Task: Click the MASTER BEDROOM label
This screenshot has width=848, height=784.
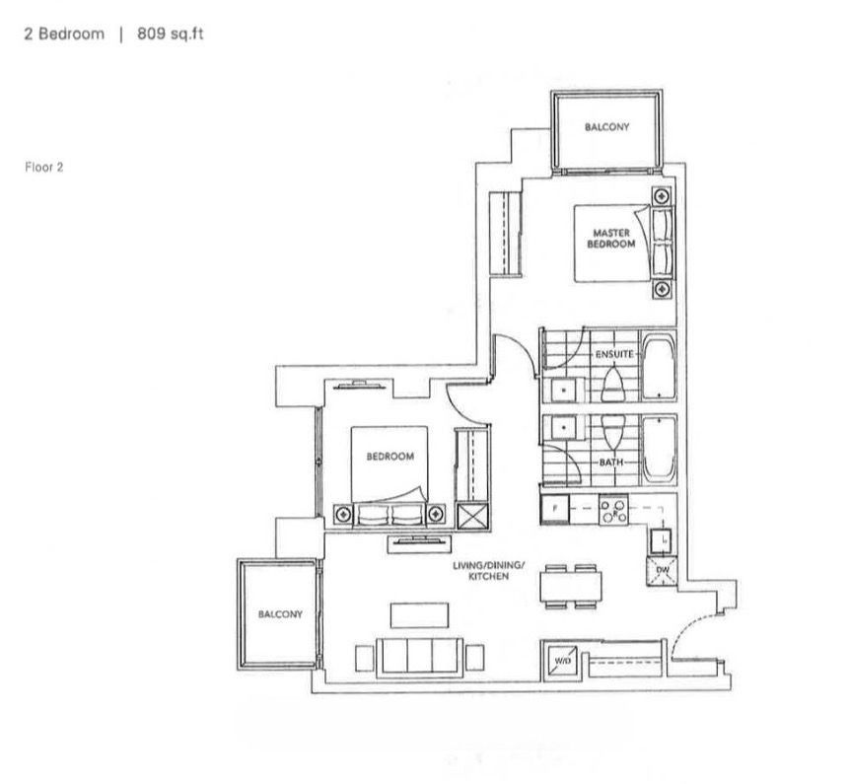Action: pyautogui.click(x=611, y=238)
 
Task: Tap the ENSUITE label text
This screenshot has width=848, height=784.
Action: pyautogui.click(x=614, y=354)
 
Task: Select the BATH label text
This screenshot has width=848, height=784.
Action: pyautogui.click(x=611, y=463)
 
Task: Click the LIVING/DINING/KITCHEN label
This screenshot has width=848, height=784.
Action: pyautogui.click(x=488, y=571)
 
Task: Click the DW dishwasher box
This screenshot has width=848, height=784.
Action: pyautogui.click(x=662, y=571)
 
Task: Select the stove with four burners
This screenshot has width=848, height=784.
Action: pyautogui.click(x=614, y=510)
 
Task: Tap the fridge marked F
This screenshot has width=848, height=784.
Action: pyautogui.click(x=555, y=510)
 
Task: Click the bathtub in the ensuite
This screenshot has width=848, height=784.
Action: pyautogui.click(x=658, y=366)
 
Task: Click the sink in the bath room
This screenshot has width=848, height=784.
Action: pyautogui.click(x=564, y=428)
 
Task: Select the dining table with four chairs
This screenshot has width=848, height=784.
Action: pyautogui.click(x=571, y=587)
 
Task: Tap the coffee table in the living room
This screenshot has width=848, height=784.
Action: pyautogui.click(x=420, y=615)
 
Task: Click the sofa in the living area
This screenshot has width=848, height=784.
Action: pyautogui.click(x=420, y=657)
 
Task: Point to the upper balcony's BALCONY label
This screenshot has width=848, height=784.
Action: pyautogui.click(x=606, y=127)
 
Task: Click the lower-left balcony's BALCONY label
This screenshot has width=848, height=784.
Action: pyautogui.click(x=280, y=614)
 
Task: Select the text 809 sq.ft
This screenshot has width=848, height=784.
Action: pyautogui.click(x=171, y=35)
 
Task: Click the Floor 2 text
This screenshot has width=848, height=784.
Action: pyautogui.click(x=44, y=168)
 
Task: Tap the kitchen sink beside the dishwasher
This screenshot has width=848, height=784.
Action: pyautogui.click(x=662, y=539)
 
